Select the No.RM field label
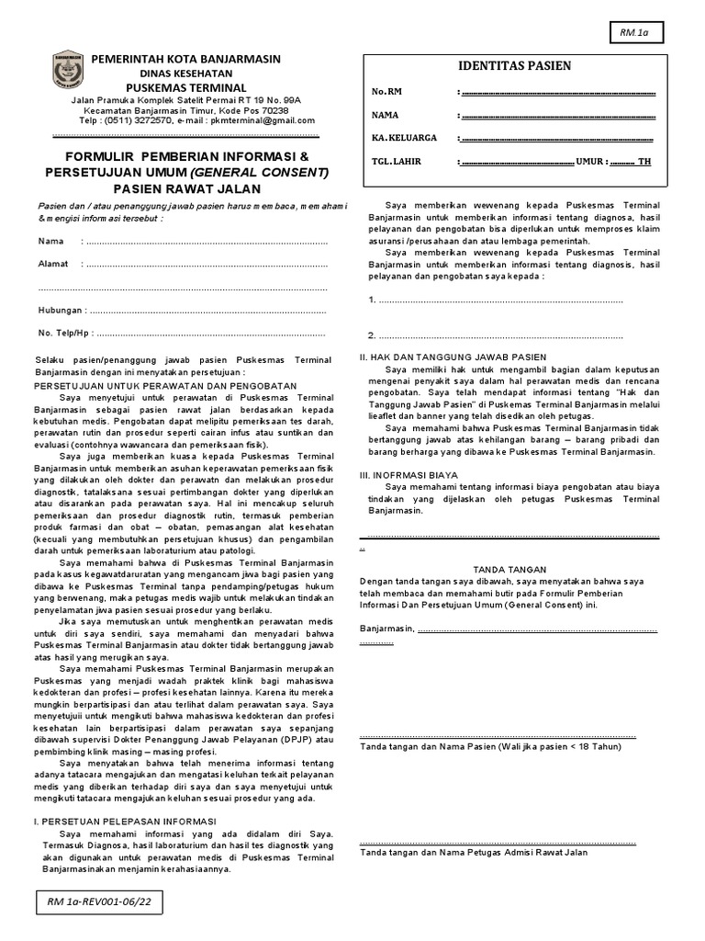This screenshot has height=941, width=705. point(386,92)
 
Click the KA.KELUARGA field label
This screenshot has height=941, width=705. point(403,138)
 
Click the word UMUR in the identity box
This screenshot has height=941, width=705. point(589,161)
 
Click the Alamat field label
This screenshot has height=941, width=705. point(52,265)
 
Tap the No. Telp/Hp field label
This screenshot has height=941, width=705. point(65,334)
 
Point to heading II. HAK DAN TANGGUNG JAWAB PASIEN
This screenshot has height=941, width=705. point(453,357)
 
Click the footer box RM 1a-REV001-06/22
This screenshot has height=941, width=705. point(98,904)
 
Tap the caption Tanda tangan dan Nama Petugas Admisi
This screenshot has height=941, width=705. point(473,853)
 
